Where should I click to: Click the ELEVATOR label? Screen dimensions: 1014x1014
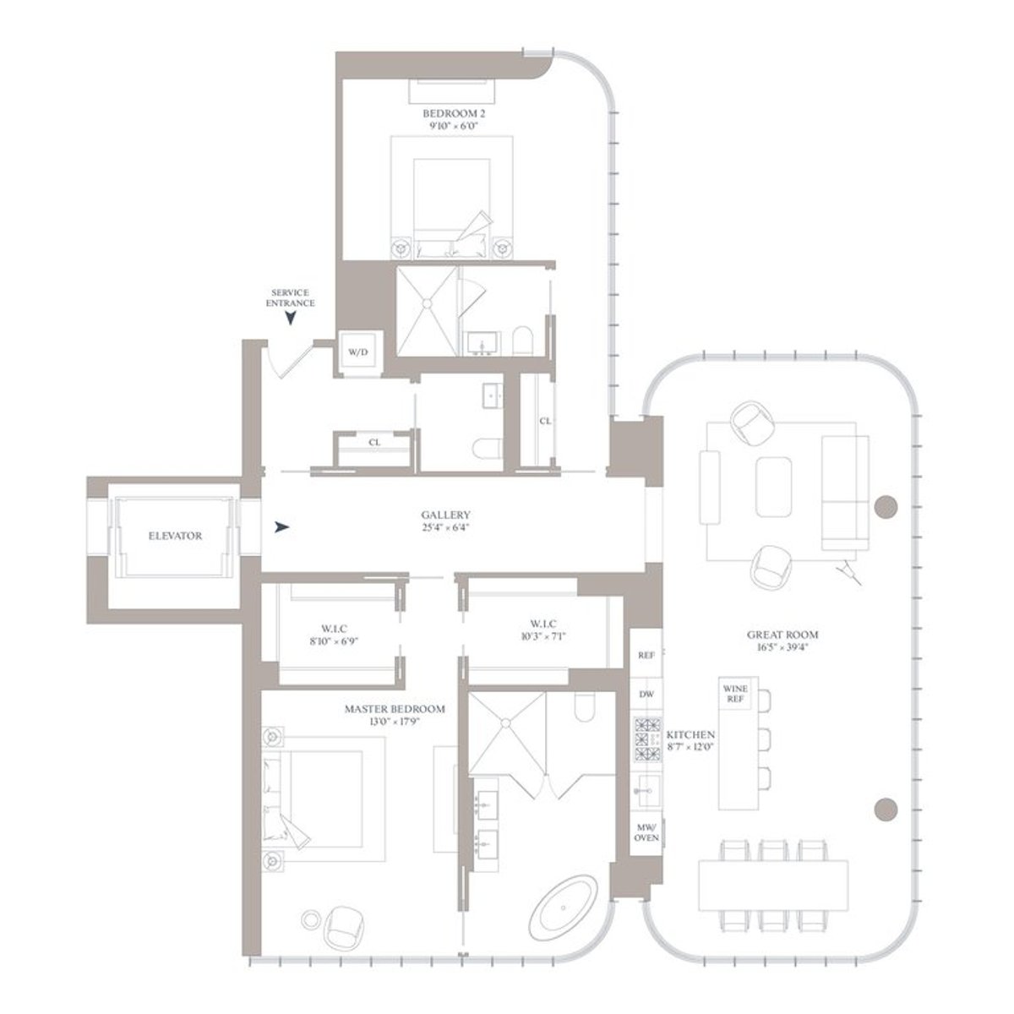[176, 536]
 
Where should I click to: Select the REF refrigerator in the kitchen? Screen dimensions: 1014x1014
[646, 655]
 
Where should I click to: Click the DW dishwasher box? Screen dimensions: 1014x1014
[646, 694]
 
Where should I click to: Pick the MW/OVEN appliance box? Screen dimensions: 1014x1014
[646, 831]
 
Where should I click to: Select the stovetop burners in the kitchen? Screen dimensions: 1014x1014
[646, 739]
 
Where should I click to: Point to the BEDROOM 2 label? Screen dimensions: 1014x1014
[452, 113]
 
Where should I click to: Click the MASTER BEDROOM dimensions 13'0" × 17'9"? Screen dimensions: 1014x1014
[394, 722]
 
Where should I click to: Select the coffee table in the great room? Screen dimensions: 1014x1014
[773, 487]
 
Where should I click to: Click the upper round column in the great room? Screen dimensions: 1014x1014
[885, 507]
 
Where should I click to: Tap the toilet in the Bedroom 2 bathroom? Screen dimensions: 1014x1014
[523, 341]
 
